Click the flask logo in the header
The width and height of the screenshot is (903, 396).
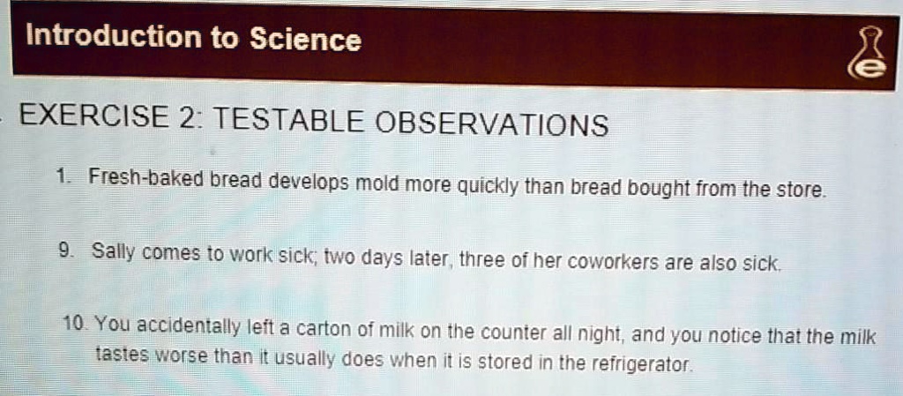click(x=867, y=59)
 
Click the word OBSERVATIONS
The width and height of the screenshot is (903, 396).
click(x=492, y=124)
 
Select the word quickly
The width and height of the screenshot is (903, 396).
click(x=486, y=187)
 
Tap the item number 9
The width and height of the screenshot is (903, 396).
click(x=63, y=251)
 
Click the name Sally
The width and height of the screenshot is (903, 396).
click(x=111, y=253)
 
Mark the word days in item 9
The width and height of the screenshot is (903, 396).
click(x=381, y=258)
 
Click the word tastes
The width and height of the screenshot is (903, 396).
click(x=124, y=355)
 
